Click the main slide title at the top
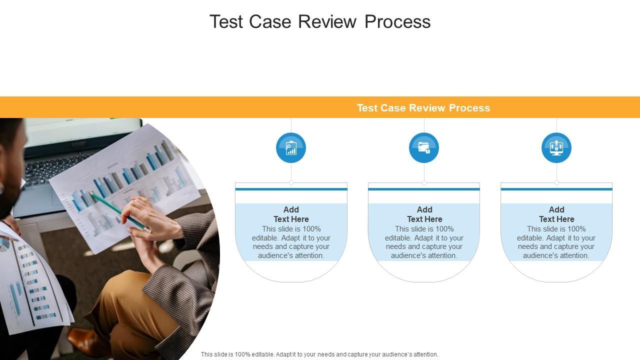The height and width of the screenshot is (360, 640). (x=320, y=21)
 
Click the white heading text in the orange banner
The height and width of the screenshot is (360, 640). (x=423, y=108)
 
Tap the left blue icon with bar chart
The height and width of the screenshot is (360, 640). (x=291, y=148)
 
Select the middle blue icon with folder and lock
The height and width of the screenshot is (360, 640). (x=424, y=148)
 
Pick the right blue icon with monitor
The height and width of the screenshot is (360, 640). (x=556, y=148)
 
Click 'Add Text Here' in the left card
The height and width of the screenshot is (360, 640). (x=291, y=214)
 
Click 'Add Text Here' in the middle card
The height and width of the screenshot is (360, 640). (x=424, y=214)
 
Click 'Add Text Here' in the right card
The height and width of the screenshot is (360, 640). (x=556, y=214)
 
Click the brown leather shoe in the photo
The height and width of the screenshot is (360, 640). (x=82, y=340)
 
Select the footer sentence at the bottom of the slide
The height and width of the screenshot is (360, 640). (x=319, y=354)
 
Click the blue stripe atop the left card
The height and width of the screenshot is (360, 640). (x=291, y=189)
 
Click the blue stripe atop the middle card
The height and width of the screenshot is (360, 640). (x=424, y=189)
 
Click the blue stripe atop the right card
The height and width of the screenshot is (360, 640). (x=556, y=189)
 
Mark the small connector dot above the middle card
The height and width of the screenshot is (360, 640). (x=424, y=183)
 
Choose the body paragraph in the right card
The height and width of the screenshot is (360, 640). (x=556, y=242)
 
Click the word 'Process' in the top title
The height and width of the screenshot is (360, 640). (x=397, y=21)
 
